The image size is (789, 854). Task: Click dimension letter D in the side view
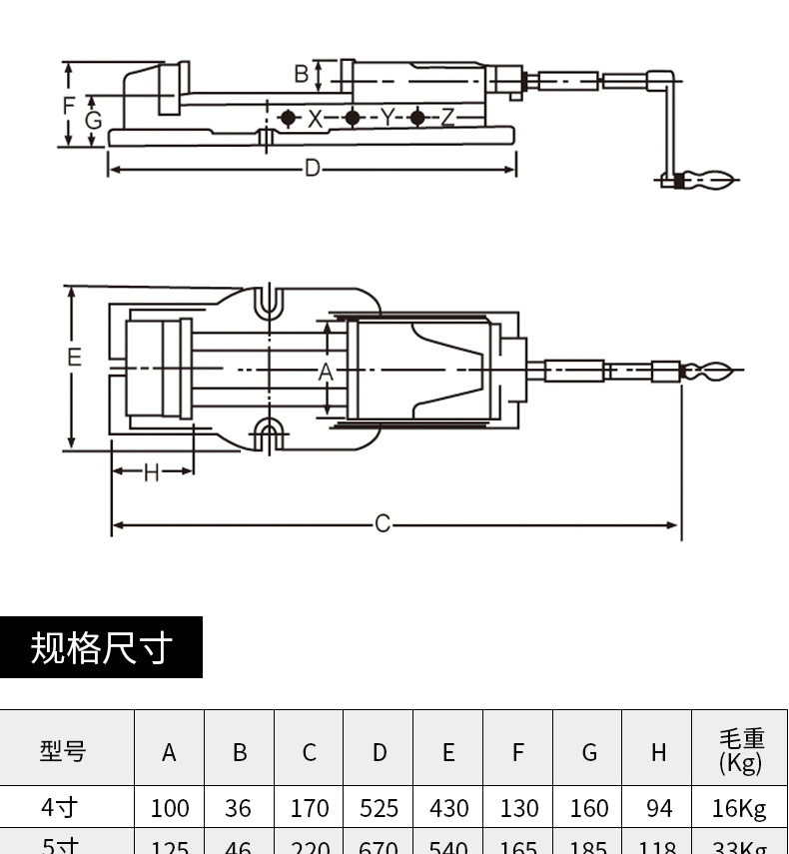coord(313,169)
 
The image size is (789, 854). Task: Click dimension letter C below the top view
coord(383,523)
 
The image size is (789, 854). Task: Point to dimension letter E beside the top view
coord(75,357)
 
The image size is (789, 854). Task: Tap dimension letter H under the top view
coord(151,471)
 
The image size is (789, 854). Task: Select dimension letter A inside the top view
coord(326,372)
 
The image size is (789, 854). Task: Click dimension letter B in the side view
coord(302,74)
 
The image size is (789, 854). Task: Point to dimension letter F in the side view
coord(69,105)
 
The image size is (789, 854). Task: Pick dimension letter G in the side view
coord(93,121)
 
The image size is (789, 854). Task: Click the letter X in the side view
coord(316,118)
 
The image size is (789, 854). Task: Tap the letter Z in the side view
coord(447,118)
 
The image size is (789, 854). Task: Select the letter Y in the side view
coord(387,118)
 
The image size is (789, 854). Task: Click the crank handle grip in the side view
coord(707,181)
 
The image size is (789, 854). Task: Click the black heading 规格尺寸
coord(101,647)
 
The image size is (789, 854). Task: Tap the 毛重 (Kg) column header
coord(740,750)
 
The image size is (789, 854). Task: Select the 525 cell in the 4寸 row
coord(379,808)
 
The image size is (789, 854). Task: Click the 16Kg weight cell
coord(740,808)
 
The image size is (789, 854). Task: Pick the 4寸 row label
coord(60,806)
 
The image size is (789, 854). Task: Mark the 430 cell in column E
coord(448,808)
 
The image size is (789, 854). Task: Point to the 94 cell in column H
coord(659,808)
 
